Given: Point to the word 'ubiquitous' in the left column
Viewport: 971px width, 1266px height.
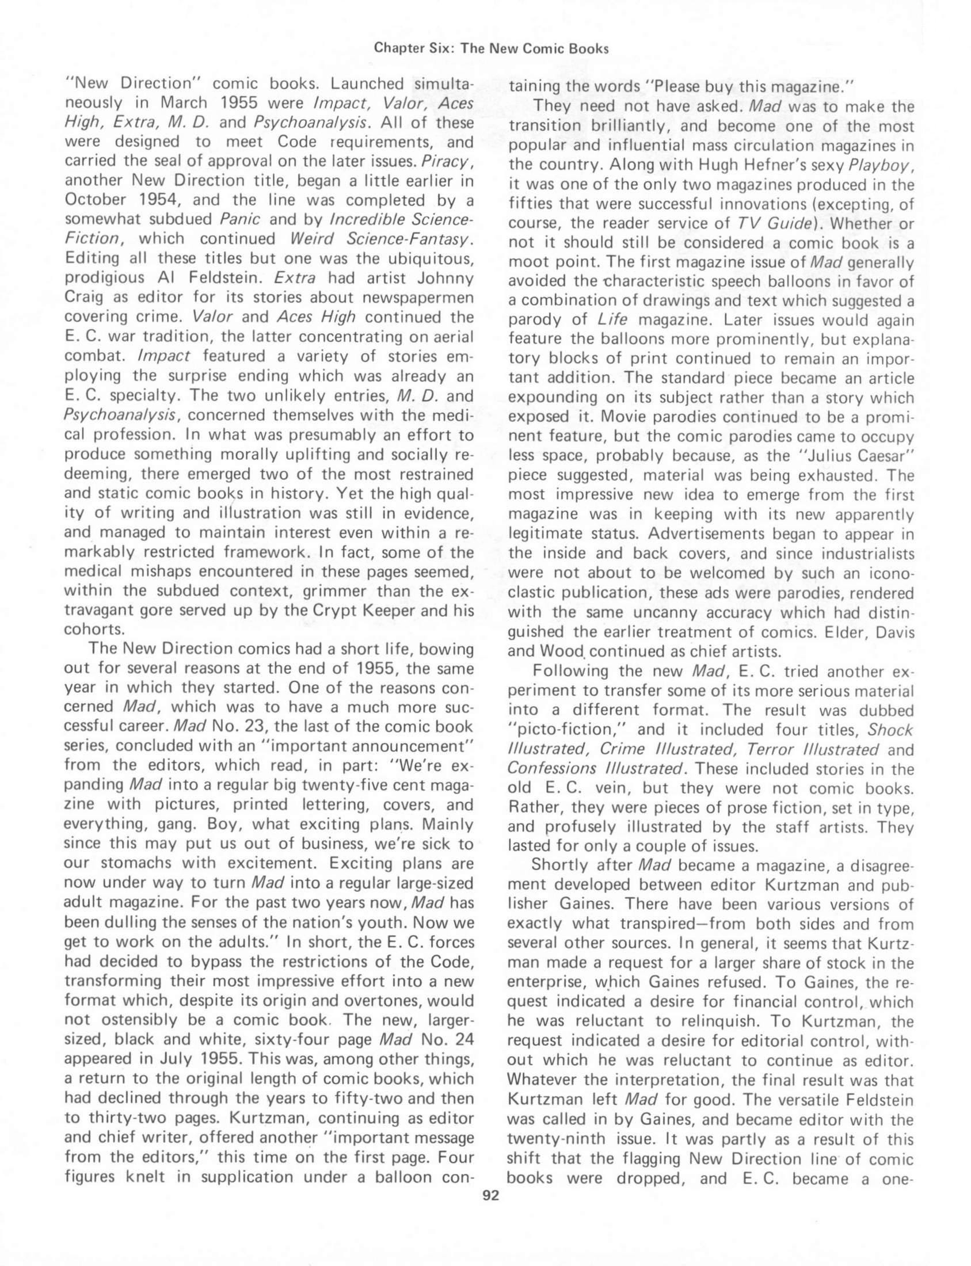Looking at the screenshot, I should click(422, 258).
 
